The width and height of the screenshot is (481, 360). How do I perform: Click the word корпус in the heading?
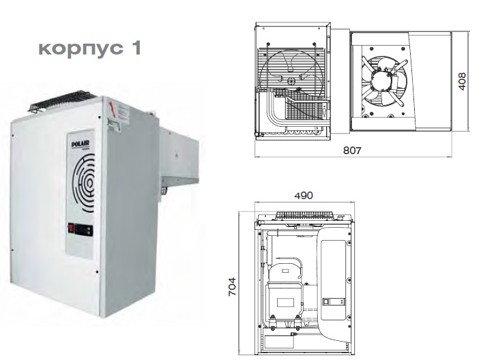pos(81,48)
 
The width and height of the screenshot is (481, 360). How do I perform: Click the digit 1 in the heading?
pos(136,48)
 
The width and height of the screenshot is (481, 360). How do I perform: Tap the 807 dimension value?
pos(352,150)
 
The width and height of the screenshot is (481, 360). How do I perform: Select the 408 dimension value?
pos(462,81)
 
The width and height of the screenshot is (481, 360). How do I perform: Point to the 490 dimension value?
pos(304,195)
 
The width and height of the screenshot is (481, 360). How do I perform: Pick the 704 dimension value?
pos(232,286)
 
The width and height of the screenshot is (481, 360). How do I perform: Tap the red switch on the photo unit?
pos(71,228)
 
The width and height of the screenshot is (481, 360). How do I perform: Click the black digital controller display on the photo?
pos(85,230)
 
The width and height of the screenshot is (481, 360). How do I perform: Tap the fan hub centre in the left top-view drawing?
pos(291,81)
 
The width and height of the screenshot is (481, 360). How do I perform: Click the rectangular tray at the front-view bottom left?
pos(278,342)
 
